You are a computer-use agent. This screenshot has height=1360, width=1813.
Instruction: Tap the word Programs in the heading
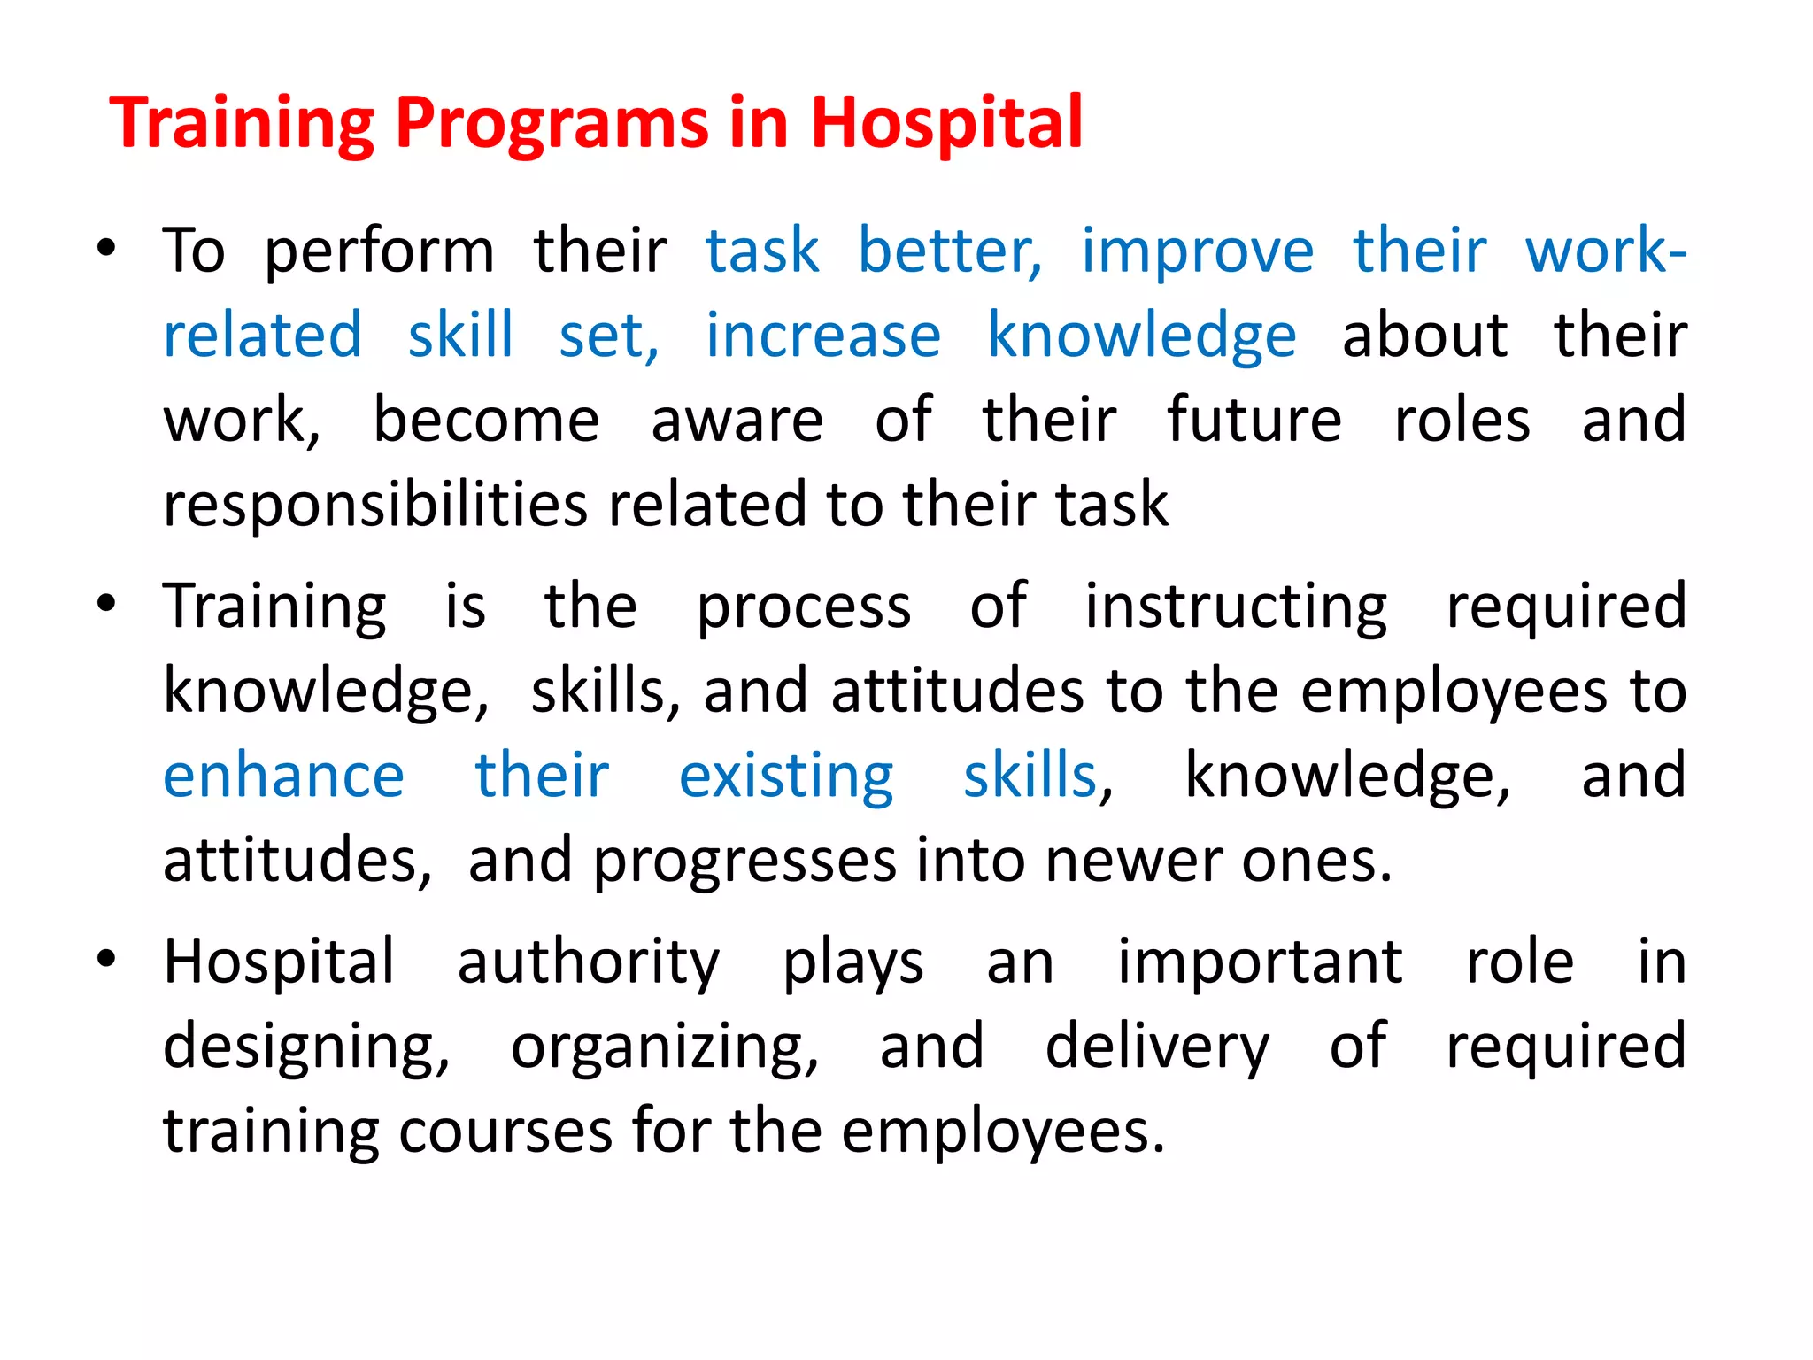tap(552, 124)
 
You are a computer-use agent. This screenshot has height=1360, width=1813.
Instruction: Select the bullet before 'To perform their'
tap(106, 249)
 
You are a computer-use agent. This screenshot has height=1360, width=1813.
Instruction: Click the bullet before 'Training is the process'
tap(106, 605)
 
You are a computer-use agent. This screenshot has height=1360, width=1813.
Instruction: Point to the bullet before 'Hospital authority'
tap(106, 960)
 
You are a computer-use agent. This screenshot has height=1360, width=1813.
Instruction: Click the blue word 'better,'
tap(950, 251)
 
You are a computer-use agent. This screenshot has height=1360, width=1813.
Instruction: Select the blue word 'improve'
tap(1197, 252)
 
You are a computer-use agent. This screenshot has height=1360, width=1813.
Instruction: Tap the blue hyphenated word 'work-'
tap(1605, 251)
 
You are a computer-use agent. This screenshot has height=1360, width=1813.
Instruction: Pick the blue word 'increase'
tap(822, 336)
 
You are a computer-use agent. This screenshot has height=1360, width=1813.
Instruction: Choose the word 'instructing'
tap(1236, 608)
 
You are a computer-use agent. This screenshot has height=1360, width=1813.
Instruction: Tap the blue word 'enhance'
tap(283, 777)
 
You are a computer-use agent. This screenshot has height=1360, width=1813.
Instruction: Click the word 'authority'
tap(588, 963)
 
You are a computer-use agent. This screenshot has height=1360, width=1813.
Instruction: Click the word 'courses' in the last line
tap(505, 1132)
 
